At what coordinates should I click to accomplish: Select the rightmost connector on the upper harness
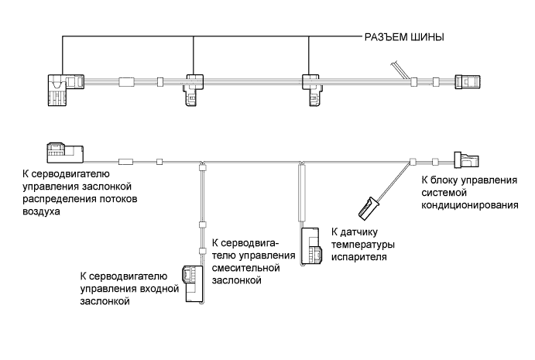point(469,81)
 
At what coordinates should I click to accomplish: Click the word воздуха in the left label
point(41,211)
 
